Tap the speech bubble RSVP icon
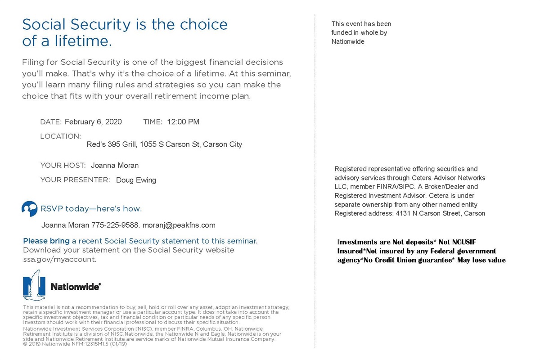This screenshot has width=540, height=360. pyautogui.click(x=29, y=209)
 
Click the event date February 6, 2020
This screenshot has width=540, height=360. pyautogui.click(x=93, y=122)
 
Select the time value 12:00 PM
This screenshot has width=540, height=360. pyautogui.click(x=183, y=122)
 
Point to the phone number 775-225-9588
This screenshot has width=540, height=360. pyautogui.click(x=117, y=225)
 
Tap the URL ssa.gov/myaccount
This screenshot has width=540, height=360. pyautogui.click(x=59, y=260)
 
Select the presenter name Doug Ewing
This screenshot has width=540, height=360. pyautogui.click(x=136, y=180)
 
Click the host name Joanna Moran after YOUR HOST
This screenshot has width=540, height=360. pyautogui.click(x=115, y=166)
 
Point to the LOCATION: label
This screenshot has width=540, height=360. pyautogui.click(x=60, y=136)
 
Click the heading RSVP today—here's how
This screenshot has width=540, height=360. pyautogui.click(x=91, y=209)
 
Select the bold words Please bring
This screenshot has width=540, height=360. pyautogui.click(x=46, y=241)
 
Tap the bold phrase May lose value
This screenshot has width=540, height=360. pyautogui.click(x=481, y=260)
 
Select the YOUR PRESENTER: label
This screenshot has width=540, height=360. pyautogui.click(x=75, y=180)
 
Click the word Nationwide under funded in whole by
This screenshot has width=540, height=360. pyautogui.click(x=348, y=42)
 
